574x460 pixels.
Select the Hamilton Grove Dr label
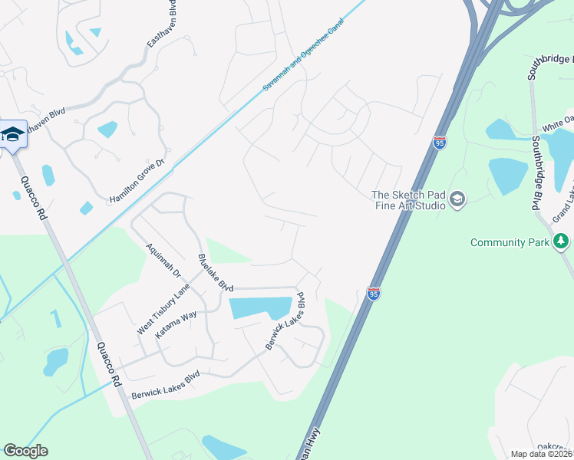tap(137, 181)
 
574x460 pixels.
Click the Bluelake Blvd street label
tap(215, 272)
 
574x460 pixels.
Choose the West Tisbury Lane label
tap(163, 309)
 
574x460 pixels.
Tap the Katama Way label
tap(176, 324)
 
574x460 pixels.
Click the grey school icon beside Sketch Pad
tap(457, 200)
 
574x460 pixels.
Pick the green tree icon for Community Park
tap(562, 242)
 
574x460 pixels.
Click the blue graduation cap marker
tap(13, 135)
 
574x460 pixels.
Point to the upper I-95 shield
tap(439, 143)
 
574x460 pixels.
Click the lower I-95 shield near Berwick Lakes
tap(373, 294)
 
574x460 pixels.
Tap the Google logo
tap(25, 451)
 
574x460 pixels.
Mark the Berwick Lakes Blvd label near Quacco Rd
tap(165, 385)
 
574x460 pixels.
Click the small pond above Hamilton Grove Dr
tap(107, 129)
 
